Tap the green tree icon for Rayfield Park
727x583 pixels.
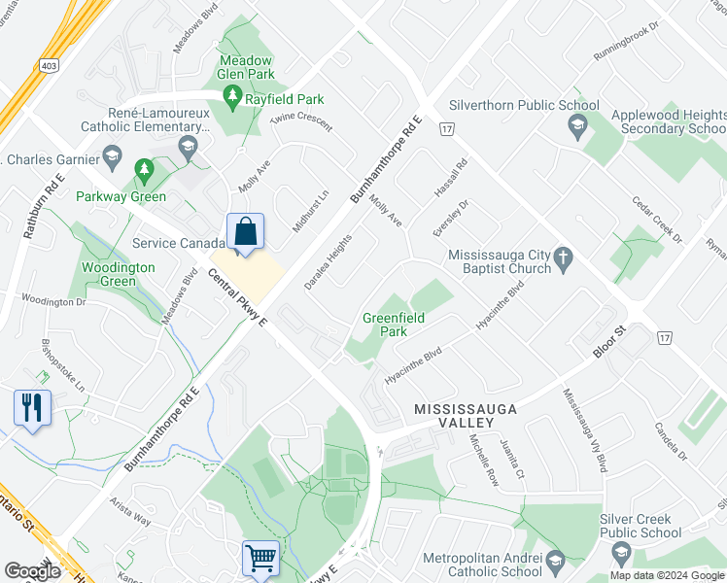click(231, 95)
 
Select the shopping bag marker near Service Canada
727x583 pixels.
click(246, 233)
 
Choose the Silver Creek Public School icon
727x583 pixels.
click(620, 553)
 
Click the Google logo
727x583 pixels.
click(32, 571)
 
